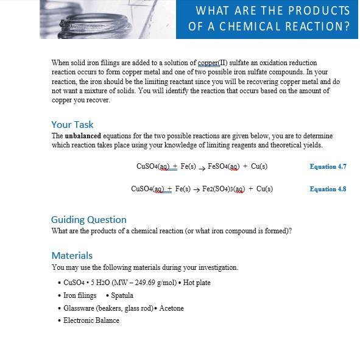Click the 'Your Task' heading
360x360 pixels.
pos(72,124)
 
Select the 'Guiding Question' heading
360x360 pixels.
pos(88,219)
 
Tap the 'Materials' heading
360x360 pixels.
pos(72,255)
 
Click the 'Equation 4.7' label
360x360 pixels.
pos(328,166)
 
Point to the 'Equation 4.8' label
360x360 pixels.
pos(328,189)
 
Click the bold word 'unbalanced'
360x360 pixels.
pos(83,136)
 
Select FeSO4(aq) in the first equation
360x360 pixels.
pos(224,166)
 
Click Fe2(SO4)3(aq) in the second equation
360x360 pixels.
pos(223,189)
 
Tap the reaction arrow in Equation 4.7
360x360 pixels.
pos(202,167)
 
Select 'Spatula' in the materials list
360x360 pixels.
pos(122,295)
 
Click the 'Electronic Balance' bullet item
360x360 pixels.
pos(91,320)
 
